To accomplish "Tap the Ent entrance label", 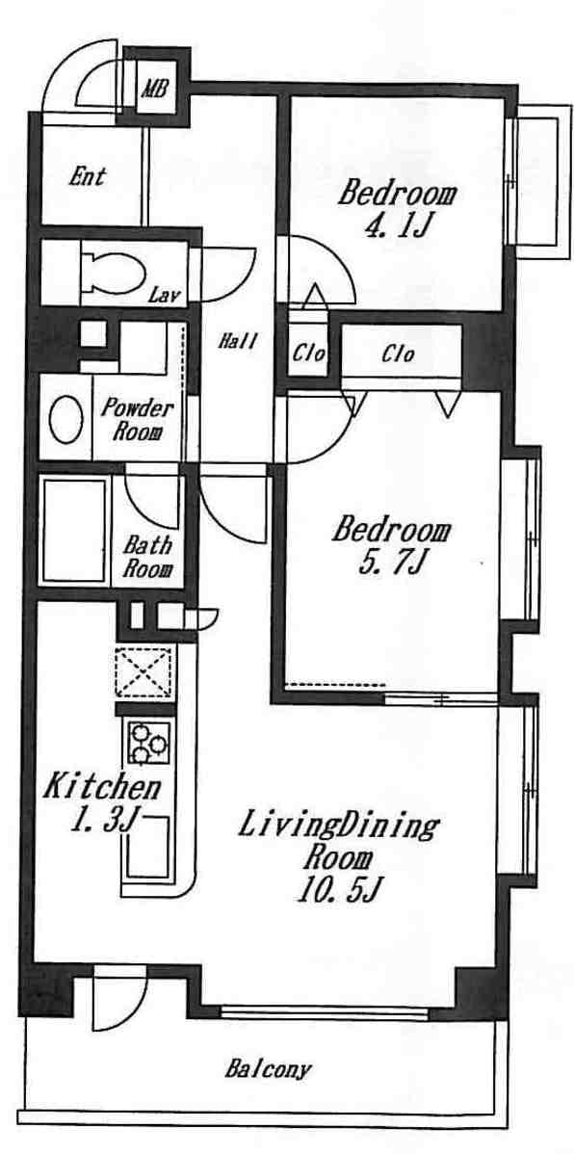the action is [88, 176].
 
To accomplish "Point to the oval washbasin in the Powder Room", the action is [66, 420].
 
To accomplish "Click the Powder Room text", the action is [138, 419].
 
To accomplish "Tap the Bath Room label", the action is [148, 557].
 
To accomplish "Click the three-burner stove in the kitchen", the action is [149, 742].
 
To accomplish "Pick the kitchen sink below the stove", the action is [149, 847].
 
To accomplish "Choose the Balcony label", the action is [268, 1068].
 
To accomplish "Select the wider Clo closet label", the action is [398, 354].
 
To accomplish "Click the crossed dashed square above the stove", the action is [144, 672].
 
